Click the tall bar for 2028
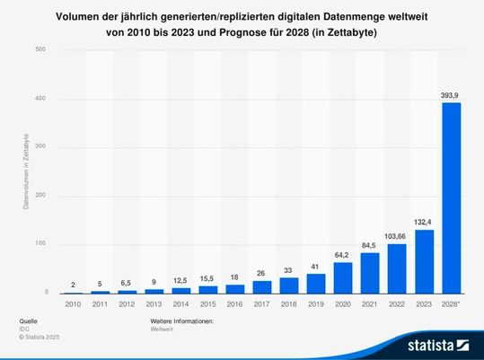[450, 198]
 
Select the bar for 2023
[424, 261]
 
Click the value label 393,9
[450, 93]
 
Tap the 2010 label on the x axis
[73, 303]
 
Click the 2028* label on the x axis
[451, 303]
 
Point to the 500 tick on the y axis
[41, 49]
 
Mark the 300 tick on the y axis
[41, 147]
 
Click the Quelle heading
[28, 320]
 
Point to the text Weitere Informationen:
[181, 320]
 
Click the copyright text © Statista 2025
[40, 338]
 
